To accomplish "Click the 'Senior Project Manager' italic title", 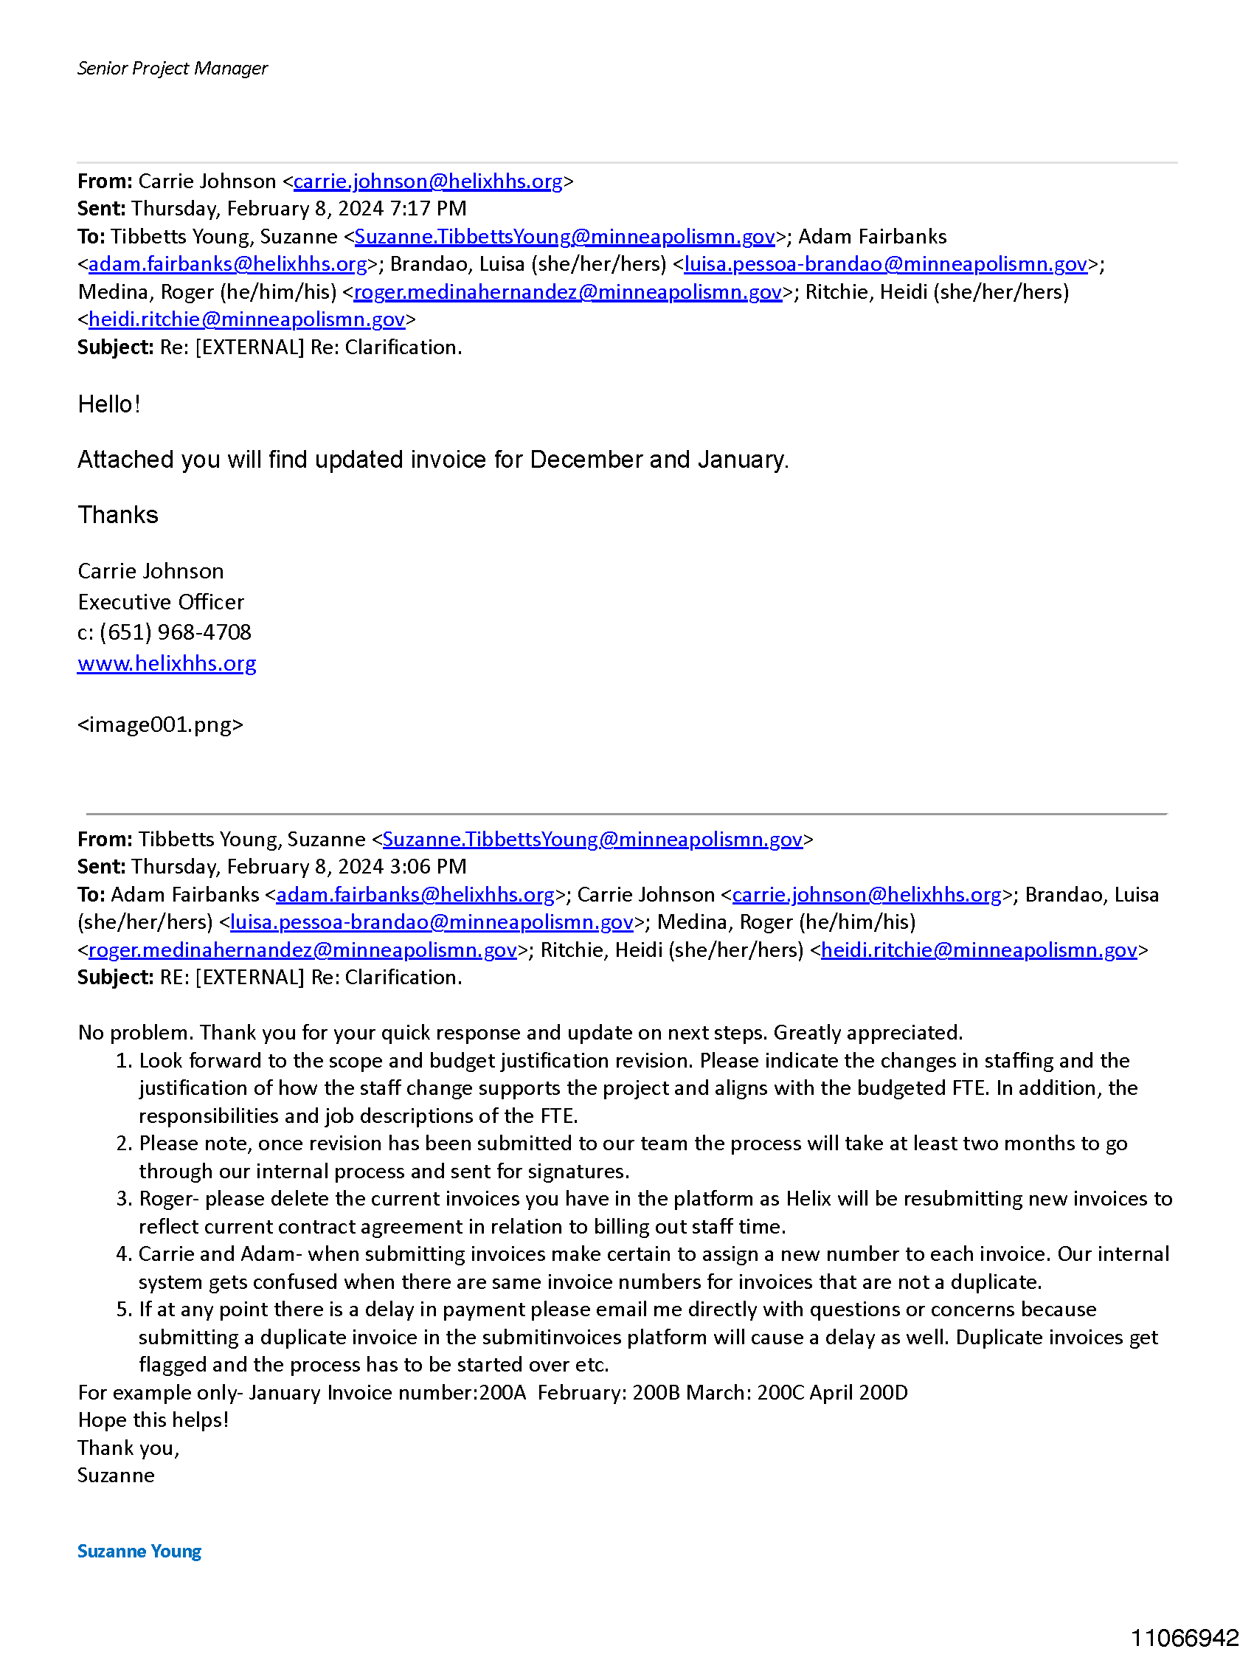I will (x=172, y=69).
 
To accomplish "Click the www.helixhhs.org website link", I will (x=167, y=663).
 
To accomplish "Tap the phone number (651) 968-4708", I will (x=175, y=632).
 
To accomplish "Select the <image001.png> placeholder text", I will (x=160, y=724).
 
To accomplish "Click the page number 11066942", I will (x=1184, y=1637).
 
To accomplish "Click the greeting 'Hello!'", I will (x=109, y=404).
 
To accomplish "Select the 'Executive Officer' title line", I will (x=161, y=602).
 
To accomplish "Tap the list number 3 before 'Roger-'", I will (x=125, y=1198).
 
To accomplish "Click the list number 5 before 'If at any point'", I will (x=125, y=1309).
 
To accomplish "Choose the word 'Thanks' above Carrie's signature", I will (x=118, y=515).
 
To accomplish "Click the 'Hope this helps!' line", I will (x=153, y=1420).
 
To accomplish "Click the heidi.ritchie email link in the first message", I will (x=246, y=319).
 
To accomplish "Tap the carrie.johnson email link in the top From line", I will (x=428, y=181).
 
